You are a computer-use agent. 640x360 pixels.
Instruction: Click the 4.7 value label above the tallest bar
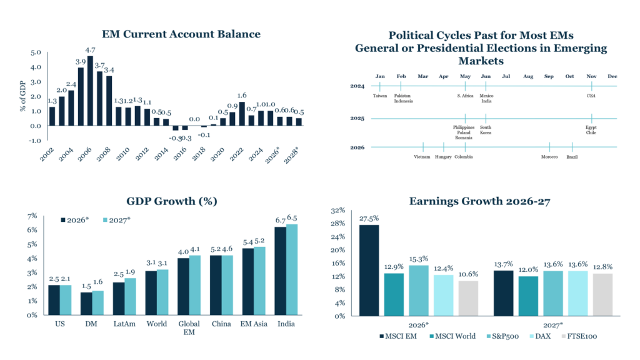click(90, 50)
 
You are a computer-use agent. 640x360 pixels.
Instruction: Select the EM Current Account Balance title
click(181, 34)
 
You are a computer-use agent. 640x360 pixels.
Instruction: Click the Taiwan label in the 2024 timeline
click(380, 96)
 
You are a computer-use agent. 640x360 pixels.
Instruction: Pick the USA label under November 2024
click(591, 96)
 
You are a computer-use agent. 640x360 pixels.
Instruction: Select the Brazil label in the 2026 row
click(572, 157)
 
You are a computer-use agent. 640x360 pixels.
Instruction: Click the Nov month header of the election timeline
click(591, 76)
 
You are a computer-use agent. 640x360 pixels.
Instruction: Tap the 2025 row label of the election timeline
click(357, 117)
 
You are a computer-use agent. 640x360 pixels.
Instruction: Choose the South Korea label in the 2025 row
click(486, 129)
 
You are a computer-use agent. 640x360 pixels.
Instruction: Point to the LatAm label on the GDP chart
click(122, 324)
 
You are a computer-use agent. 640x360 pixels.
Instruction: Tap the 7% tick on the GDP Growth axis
click(32, 216)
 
